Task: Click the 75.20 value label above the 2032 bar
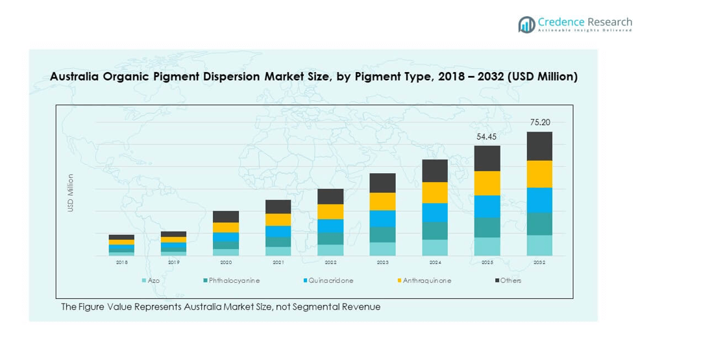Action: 539,122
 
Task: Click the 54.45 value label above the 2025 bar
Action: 487,136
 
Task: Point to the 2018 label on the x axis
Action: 121,263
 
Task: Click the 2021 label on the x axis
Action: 278,263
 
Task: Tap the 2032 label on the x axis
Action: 539,263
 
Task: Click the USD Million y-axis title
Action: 71,193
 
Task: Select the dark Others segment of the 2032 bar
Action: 539,146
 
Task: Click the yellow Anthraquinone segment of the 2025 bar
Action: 487,183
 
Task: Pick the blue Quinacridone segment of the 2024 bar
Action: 435,213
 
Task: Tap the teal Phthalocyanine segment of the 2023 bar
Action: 382,234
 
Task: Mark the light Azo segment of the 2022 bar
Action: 330,250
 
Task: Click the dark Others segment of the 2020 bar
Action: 226,217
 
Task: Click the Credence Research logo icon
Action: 526,25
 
